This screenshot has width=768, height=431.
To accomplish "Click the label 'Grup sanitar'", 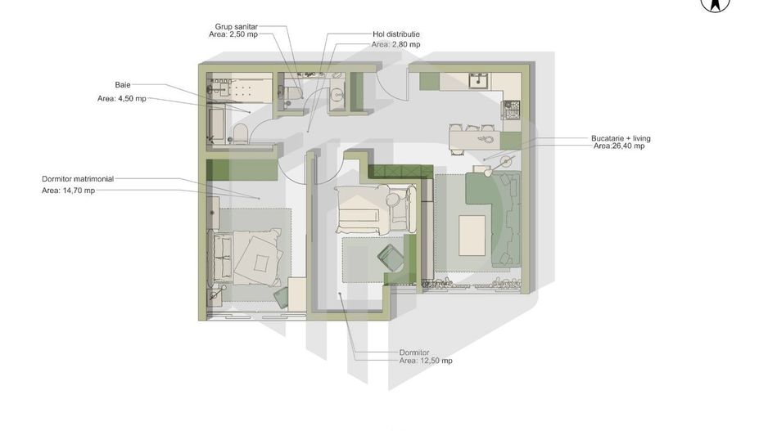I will coord(236,26).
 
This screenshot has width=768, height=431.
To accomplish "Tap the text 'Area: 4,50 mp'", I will coord(122,99).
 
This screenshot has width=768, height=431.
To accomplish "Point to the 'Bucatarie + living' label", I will coord(621,138).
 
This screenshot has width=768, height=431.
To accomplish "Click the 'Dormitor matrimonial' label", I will coord(78,178).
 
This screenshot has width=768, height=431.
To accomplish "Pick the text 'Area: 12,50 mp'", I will coord(426,360).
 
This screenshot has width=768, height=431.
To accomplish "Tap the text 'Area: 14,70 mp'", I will coord(68,191).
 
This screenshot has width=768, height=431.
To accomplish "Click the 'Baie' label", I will coord(123,84).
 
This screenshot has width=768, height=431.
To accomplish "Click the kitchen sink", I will coord(479,81).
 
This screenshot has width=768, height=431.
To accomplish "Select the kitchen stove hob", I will coord(512,106).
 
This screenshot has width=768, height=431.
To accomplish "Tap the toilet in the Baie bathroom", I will coord(240,133).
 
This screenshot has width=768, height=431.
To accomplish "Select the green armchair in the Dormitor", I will coord(390,258).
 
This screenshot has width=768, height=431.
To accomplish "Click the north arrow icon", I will coord(715,5).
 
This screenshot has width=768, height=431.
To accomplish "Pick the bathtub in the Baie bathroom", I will coord(217,127).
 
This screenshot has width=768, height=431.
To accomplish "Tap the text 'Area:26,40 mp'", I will coord(618,146).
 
